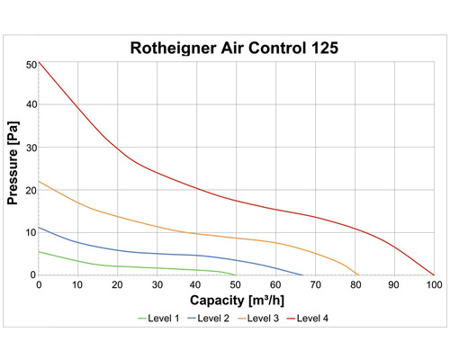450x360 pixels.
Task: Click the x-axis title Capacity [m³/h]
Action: click(x=236, y=299)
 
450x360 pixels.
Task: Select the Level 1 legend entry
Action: click(x=160, y=318)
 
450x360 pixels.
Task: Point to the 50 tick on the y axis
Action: click(x=30, y=63)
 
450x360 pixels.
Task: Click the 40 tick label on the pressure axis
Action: click(x=30, y=104)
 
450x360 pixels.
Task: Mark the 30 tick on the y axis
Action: click(x=30, y=147)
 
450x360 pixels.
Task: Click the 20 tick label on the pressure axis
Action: click(x=30, y=190)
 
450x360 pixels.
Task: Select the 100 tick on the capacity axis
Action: click(x=434, y=284)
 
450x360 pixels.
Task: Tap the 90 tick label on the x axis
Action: click(x=394, y=284)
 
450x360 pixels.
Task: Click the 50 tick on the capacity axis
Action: click(x=236, y=284)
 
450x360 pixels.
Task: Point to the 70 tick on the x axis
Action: click(x=315, y=284)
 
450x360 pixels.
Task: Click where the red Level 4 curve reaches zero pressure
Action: click(x=434, y=274)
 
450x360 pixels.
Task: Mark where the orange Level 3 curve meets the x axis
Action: click(x=358, y=274)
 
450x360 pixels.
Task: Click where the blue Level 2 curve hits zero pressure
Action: click(x=302, y=274)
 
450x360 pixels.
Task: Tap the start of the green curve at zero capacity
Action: click(x=39, y=251)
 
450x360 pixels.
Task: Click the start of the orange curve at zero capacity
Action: click(x=39, y=181)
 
